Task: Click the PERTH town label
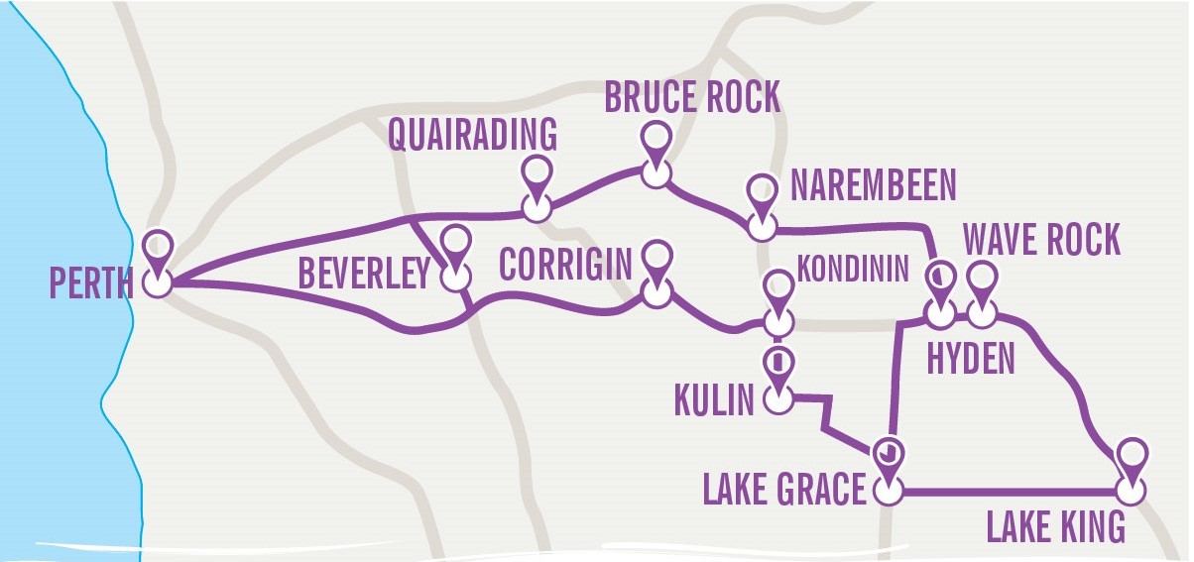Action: pos(90,284)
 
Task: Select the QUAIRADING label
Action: pos(473,136)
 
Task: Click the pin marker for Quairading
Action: pos(537,173)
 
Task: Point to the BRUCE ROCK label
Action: pos(692,98)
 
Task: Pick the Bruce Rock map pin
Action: pos(655,139)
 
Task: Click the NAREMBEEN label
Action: pos(874,185)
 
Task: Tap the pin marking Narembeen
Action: pos(762,191)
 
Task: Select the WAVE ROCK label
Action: pos(1041,240)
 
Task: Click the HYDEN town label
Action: pos(970,359)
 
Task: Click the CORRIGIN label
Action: pos(565,265)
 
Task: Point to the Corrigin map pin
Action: pos(655,258)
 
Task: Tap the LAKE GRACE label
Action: pos(784,489)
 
